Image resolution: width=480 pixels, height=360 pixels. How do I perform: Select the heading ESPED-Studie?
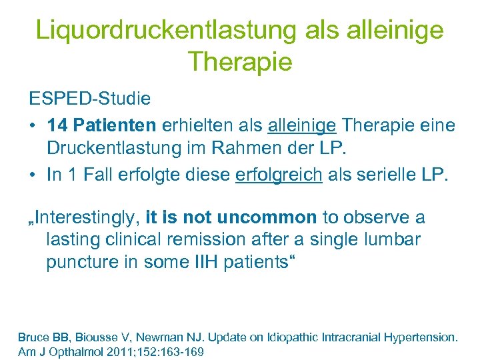pyautogui.click(x=89, y=99)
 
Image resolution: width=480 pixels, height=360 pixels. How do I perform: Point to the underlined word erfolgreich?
pyautogui.click(x=279, y=175)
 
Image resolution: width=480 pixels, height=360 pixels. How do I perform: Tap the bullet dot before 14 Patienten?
pyautogui.click(x=32, y=125)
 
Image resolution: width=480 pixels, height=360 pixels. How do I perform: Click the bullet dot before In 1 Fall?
pyautogui.click(x=32, y=175)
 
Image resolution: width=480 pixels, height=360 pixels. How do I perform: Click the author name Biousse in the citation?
pyautogui.click(x=89, y=337)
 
